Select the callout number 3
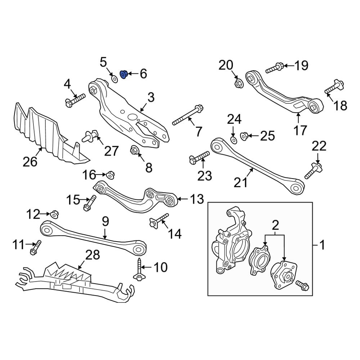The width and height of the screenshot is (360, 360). coord(151,97)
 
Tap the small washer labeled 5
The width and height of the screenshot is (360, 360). coord(114,79)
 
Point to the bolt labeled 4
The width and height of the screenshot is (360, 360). coord(75,100)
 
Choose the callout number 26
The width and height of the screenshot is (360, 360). coord(30,162)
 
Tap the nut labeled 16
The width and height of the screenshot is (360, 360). coord(110,175)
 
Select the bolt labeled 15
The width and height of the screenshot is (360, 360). coord(89,203)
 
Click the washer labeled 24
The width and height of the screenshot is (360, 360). coord(233,139)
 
